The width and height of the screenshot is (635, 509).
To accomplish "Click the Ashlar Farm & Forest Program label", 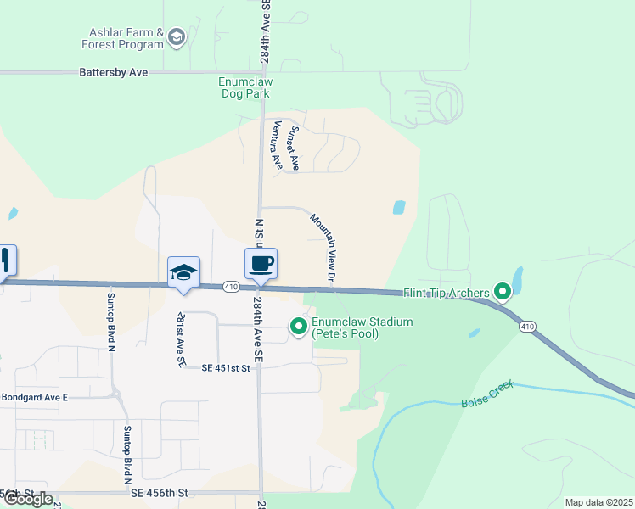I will pyautogui.click(x=122, y=38).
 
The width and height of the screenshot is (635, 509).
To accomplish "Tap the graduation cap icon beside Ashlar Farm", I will pyautogui.click(x=177, y=36).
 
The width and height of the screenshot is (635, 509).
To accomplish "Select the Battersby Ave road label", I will pyautogui.click(x=113, y=73).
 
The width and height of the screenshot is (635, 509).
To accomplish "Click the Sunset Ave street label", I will pyautogui.click(x=294, y=148).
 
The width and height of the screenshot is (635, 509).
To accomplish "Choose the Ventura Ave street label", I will pyautogui.click(x=276, y=145).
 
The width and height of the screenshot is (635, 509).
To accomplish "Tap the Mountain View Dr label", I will pyautogui.click(x=324, y=248).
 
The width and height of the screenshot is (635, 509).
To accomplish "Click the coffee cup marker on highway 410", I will pyautogui.click(x=261, y=263).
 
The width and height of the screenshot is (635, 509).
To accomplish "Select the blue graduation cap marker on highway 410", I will pyautogui.click(x=183, y=272).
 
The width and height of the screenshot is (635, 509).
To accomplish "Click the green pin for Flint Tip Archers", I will pyautogui.click(x=503, y=294).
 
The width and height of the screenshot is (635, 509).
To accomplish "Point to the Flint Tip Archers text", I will pyautogui.click(x=447, y=294).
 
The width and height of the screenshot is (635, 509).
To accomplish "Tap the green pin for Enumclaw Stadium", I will pyautogui.click(x=299, y=326).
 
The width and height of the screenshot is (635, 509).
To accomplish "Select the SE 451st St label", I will pyautogui.click(x=228, y=368).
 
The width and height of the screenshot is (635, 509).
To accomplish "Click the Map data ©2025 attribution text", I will pyautogui.click(x=598, y=502).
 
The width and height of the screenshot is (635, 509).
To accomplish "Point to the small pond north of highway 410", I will pyautogui.click(x=399, y=206).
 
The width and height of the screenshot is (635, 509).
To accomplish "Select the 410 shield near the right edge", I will pyautogui.click(x=527, y=326).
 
